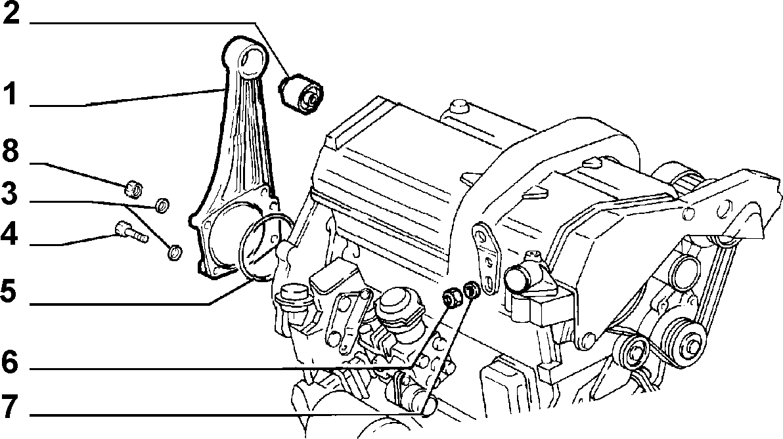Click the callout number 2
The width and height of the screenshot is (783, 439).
pos(11,14)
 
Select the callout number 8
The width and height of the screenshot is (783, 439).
pos(11,150)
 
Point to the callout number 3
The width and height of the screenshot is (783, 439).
pos(10,194)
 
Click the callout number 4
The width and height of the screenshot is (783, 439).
pos(10,234)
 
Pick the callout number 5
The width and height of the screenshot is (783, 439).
pos(10,291)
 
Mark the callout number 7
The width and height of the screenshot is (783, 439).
pos(10,407)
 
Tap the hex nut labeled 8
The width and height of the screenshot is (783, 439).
pos(133,188)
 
